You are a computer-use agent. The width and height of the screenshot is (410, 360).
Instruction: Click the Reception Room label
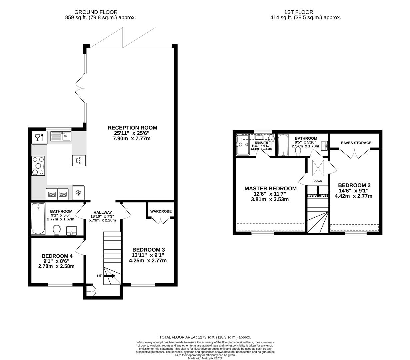pyautogui.click(x=132, y=128)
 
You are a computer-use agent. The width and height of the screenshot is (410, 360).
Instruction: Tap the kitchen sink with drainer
pyautogui.click(x=61, y=136)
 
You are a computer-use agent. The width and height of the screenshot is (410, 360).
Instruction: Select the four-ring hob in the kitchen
pyautogui.click(x=38, y=166)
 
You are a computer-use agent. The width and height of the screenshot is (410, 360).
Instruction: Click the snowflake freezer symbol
pyautogui.click(x=78, y=193)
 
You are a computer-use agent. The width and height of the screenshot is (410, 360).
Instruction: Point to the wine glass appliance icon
pyautogui.click(x=39, y=137)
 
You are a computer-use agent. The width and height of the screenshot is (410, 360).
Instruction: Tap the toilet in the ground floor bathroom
pyautogui.click(x=57, y=230)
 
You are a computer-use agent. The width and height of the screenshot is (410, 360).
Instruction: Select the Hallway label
pyautogui.click(x=102, y=212)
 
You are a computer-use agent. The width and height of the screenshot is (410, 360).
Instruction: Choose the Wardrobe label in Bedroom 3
pyautogui.click(x=161, y=211)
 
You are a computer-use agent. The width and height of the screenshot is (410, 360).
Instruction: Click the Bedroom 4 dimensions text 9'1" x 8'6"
pyautogui.click(x=56, y=261)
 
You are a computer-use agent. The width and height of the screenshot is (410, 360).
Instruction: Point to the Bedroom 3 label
pyautogui.click(x=148, y=250)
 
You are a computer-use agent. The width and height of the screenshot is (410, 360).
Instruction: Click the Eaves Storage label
pyautogui.click(x=356, y=143)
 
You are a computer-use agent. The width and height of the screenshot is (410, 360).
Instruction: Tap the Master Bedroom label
pyautogui.click(x=270, y=188)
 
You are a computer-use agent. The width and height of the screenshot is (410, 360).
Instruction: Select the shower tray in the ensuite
pyautogui.click(x=243, y=145)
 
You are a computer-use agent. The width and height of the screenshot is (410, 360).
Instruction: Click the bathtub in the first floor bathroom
pyautogui.click(x=283, y=145)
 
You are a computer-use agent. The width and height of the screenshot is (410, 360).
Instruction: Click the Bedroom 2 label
pyautogui.click(x=354, y=185)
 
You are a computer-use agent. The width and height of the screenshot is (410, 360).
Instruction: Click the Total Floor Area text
pyautogui.click(x=205, y=337)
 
